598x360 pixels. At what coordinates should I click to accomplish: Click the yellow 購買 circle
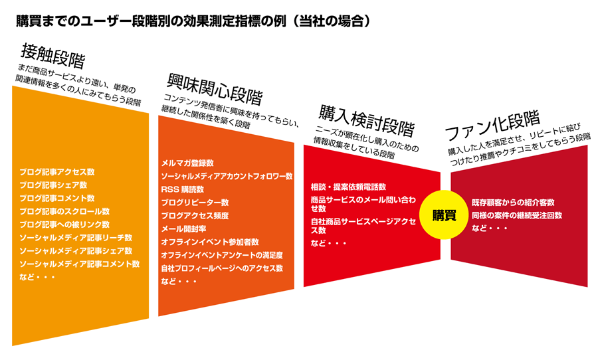point(444,215)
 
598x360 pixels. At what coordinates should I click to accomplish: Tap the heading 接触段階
point(53,56)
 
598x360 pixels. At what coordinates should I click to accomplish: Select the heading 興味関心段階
point(215,89)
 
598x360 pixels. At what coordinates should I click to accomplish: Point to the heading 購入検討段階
point(367,120)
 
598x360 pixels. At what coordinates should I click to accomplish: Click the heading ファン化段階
point(492,126)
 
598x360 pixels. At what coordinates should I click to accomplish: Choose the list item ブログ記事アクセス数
point(57,172)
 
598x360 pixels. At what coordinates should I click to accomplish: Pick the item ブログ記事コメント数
point(57,199)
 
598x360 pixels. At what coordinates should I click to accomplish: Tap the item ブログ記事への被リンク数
point(64,225)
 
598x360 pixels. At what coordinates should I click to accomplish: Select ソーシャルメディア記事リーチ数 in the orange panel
point(76,238)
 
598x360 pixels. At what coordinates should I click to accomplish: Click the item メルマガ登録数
point(187,163)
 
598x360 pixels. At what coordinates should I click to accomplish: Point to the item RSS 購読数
point(182,189)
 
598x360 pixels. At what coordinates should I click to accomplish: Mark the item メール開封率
point(183,228)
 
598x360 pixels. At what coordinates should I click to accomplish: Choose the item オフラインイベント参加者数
point(210,242)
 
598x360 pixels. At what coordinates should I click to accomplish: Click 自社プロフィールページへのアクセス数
point(222,268)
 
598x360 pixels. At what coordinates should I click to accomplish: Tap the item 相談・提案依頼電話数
point(348,187)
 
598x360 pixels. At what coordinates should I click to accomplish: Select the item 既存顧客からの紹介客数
point(513,203)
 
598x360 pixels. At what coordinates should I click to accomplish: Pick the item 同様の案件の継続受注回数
point(517,215)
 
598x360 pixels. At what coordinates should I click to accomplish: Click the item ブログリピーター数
point(195,203)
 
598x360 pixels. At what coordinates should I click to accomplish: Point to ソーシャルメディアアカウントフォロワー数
point(227,176)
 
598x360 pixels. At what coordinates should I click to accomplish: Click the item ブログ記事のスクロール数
point(64,211)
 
